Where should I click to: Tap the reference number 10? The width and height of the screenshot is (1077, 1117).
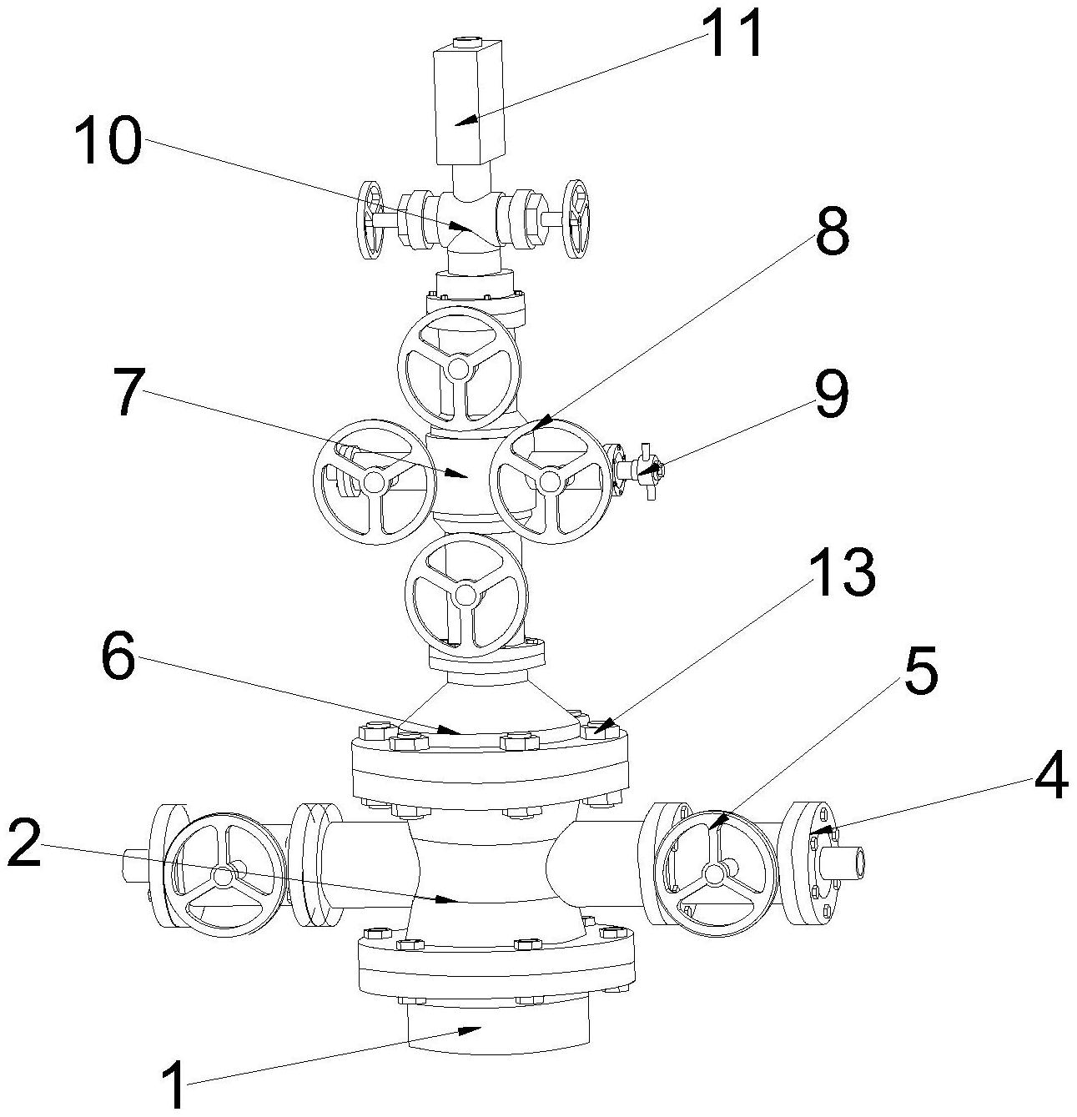click(108, 139)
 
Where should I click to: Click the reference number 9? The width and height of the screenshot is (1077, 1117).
click(831, 394)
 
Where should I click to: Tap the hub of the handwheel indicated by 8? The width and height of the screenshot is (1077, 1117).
click(550, 481)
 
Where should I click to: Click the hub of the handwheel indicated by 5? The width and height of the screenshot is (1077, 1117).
click(715, 873)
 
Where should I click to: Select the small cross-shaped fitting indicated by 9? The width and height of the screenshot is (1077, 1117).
click(647, 470)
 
